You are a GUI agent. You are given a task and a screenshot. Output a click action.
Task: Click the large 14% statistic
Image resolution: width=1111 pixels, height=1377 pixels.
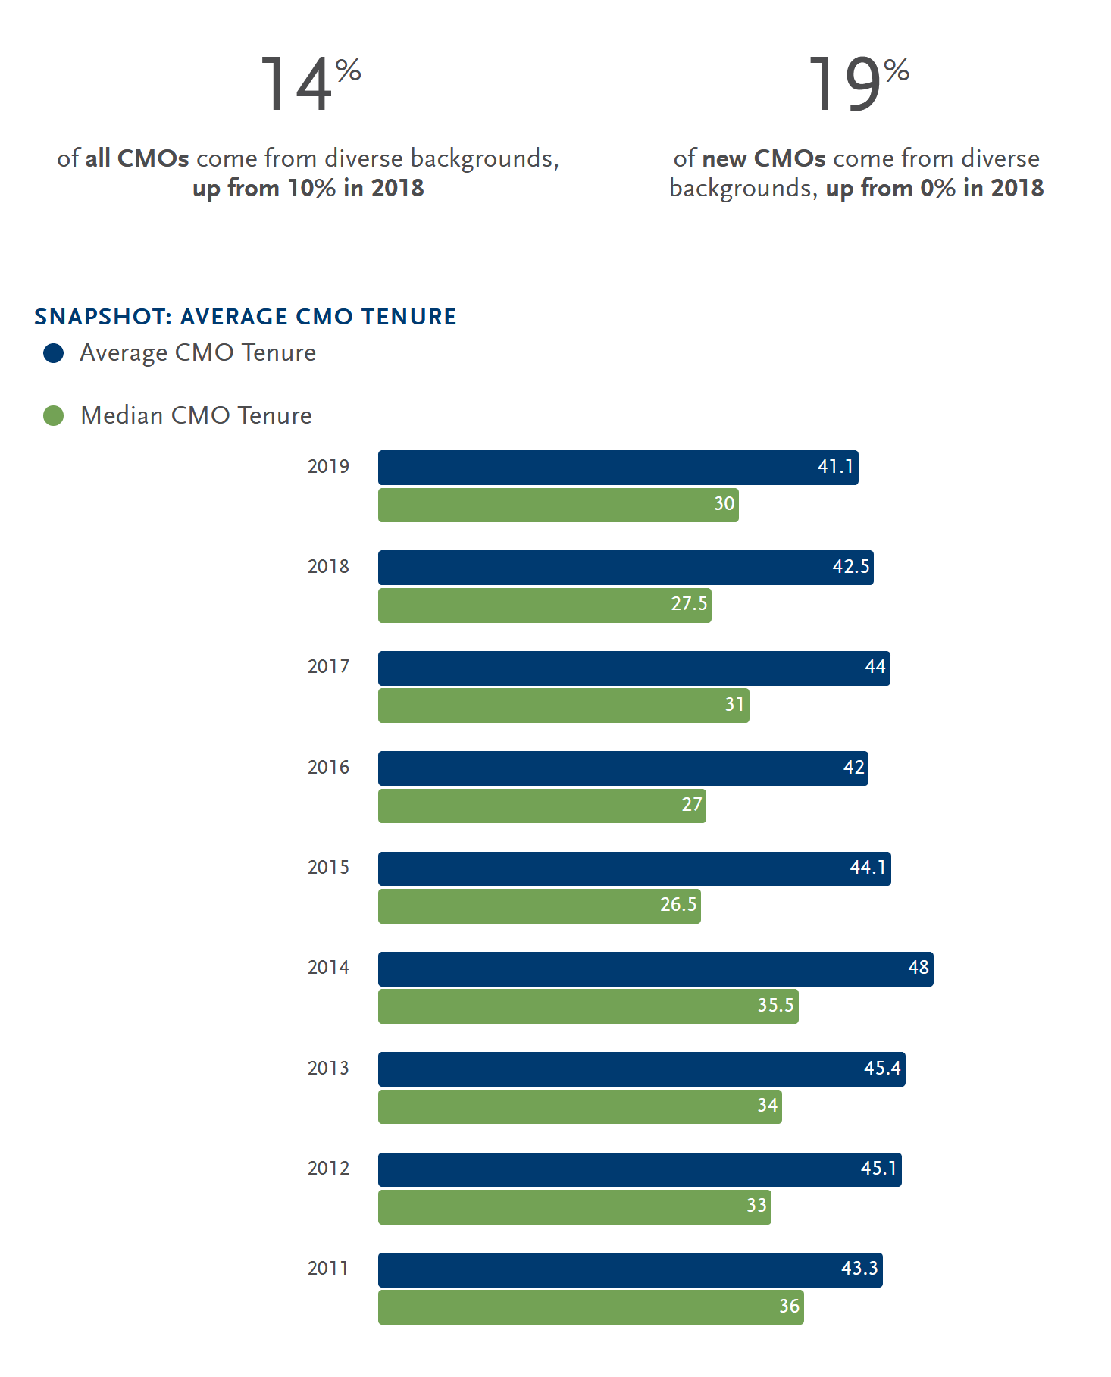(x=309, y=85)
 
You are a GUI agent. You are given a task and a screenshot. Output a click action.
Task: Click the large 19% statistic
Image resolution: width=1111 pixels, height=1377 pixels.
(x=857, y=85)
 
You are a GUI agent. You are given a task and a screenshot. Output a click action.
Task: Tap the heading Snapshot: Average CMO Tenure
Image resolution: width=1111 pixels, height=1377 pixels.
(x=246, y=317)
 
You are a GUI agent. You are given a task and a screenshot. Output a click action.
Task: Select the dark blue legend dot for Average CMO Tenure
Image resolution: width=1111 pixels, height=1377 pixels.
(x=54, y=353)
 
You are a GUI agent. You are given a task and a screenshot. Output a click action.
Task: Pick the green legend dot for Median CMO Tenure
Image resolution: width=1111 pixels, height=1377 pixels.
(x=54, y=416)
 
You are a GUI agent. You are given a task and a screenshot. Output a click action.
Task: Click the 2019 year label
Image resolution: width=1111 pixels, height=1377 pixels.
(x=328, y=467)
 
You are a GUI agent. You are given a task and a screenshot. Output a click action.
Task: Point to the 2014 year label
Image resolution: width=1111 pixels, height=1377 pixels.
(x=328, y=968)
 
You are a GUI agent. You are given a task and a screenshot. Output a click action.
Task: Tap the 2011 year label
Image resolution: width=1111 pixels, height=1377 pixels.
(x=328, y=1269)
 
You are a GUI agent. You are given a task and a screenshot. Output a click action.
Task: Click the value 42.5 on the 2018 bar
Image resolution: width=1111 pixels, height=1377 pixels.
(x=850, y=568)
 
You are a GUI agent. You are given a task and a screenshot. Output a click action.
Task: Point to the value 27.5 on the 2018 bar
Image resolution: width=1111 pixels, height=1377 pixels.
(x=689, y=604)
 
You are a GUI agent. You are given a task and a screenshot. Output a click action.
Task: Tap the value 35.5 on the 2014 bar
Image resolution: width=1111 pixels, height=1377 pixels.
(x=775, y=1006)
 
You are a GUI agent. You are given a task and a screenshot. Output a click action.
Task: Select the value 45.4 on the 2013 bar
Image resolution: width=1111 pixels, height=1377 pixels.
(x=882, y=1069)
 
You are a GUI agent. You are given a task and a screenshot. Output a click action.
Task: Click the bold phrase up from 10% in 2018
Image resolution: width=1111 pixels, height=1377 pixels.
(x=308, y=188)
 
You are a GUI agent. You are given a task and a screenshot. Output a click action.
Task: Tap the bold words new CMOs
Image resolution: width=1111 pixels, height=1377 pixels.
(x=764, y=158)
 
